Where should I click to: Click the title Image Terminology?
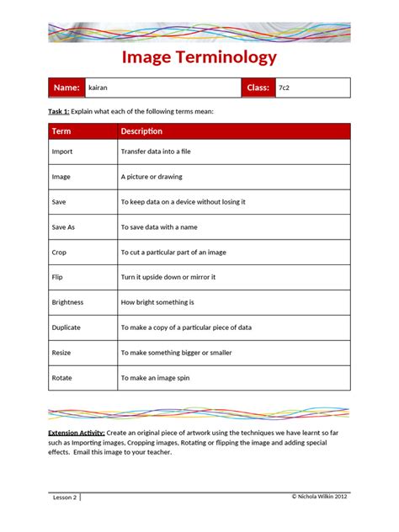(x=199, y=57)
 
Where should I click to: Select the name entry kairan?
(x=98, y=88)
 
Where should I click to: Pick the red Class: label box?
(x=257, y=88)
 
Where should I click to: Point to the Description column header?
(x=141, y=131)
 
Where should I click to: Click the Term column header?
(x=61, y=131)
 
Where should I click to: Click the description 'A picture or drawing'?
(x=152, y=177)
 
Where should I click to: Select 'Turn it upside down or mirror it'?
(x=168, y=277)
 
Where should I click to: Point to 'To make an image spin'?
(x=156, y=378)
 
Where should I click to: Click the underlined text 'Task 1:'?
(x=58, y=111)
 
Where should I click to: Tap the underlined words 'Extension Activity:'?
(x=76, y=432)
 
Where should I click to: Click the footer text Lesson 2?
(x=65, y=497)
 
